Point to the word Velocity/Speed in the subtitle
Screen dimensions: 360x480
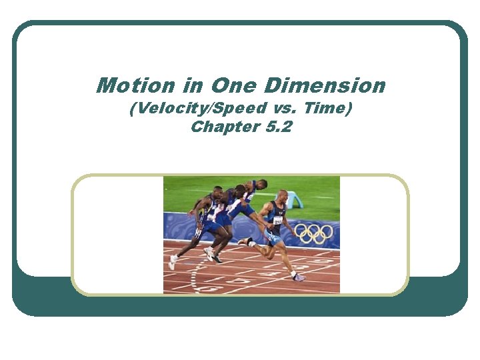[x=191, y=109]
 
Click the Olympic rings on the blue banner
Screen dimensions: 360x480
[x=314, y=233]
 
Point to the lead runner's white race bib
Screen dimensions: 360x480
[x=278, y=220]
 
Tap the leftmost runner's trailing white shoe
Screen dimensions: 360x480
[x=172, y=262]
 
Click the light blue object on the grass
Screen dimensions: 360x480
[x=294, y=199]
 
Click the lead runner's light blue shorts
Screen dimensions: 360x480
[x=273, y=237]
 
